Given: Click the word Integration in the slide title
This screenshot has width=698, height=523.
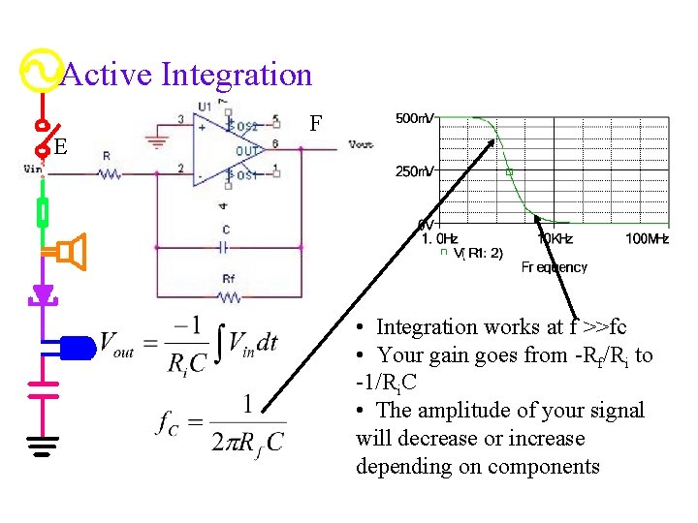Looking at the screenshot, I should [x=238, y=75].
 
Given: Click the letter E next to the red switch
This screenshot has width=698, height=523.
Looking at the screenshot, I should [x=61, y=147].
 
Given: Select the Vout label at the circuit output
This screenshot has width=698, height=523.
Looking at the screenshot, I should [x=361, y=145].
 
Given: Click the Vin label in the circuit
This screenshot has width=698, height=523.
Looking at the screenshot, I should [x=32, y=168].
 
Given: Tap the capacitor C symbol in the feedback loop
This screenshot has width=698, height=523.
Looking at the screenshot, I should [x=226, y=246].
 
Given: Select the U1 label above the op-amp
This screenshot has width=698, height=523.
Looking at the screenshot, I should [x=205, y=106].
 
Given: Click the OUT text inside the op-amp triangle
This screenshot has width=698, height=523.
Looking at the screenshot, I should [x=249, y=150].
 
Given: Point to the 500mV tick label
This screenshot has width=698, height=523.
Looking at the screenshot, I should [x=414, y=118].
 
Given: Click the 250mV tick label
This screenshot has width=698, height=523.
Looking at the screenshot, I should [x=414, y=171].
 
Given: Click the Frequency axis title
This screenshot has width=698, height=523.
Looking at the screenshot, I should [x=555, y=267].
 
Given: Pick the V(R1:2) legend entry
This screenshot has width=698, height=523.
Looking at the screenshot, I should [x=475, y=254].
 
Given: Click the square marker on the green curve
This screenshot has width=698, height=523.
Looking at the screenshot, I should [x=510, y=172].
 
